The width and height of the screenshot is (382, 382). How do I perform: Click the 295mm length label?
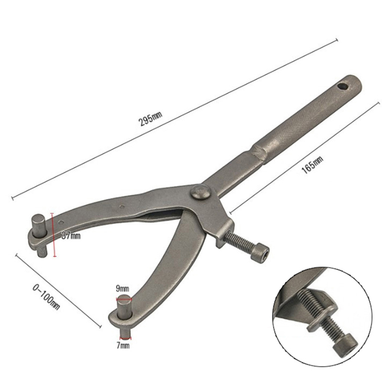click(150, 119)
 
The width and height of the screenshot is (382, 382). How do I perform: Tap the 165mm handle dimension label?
click(313, 165)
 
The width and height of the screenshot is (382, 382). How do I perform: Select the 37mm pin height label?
click(71, 236)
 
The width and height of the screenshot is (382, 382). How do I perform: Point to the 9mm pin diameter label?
click(122, 289)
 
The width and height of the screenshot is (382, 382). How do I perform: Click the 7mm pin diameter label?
click(123, 345)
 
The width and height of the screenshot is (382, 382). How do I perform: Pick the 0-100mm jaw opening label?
click(46, 297)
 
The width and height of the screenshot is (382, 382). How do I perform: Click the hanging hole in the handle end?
click(342, 86)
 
